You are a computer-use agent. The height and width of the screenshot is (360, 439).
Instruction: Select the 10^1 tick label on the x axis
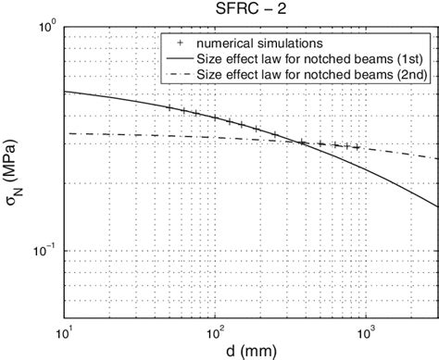click(65, 329)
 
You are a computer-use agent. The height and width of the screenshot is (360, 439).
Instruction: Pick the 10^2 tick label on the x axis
click(216, 329)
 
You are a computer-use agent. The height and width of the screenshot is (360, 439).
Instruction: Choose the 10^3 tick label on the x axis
click(367, 329)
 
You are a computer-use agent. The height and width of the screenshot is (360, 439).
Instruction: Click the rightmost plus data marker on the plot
click(357, 147)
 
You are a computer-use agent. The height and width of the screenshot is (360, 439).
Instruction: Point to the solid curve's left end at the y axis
click(64, 92)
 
